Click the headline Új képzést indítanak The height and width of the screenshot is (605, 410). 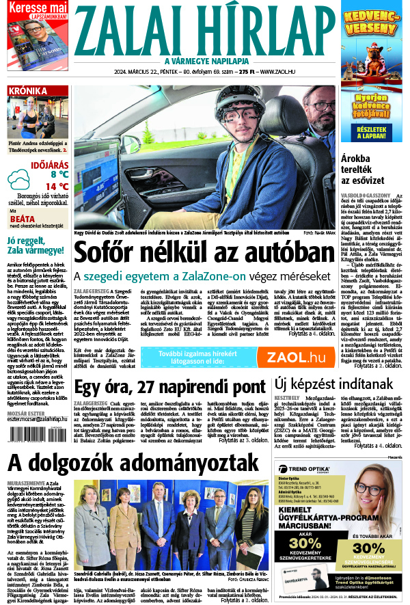coord(334,385)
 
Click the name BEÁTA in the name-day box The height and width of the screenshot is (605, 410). coord(23,219)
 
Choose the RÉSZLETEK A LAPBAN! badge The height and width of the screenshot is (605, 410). coord(375,131)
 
